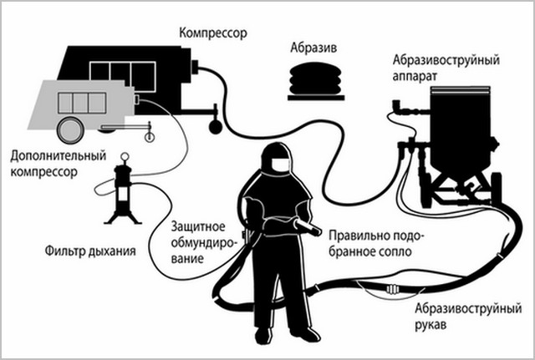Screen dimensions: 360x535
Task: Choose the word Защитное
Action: tap(197, 225)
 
